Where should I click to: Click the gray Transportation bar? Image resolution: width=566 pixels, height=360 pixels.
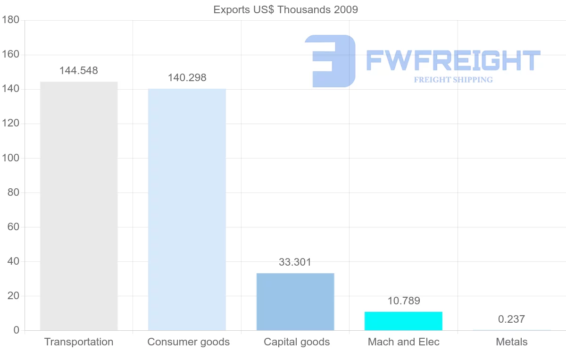[x=79, y=206]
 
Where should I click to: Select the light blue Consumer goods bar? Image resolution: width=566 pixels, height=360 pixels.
[x=187, y=209]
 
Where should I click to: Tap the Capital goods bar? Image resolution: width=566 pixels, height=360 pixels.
[x=295, y=301]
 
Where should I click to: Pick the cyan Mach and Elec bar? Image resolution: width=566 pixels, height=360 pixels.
[x=404, y=321]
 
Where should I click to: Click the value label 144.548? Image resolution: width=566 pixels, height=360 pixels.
[x=79, y=70]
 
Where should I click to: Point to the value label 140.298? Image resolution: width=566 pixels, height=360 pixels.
[x=187, y=77]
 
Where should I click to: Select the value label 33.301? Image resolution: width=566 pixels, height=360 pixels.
[x=295, y=262]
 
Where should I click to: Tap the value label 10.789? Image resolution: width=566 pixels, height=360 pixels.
[x=404, y=301]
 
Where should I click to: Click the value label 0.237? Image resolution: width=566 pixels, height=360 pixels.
[x=511, y=319]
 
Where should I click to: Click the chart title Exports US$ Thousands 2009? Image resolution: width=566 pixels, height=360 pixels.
[x=285, y=9]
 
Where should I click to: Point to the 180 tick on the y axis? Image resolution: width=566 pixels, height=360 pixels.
[x=10, y=20]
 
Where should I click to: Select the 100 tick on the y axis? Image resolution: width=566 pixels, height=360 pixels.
[x=10, y=158]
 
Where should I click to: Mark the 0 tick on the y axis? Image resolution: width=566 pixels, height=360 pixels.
[x=17, y=330]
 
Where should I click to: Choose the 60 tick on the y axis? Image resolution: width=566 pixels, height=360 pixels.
[x=13, y=227]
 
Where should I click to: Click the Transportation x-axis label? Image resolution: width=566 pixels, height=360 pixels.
[x=79, y=342]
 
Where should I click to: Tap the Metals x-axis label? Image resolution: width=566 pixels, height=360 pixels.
[x=512, y=342]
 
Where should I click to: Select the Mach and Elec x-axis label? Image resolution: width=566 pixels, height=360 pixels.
[x=404, y=342]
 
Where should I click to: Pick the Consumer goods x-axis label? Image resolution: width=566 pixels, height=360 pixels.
[x=189, y=342]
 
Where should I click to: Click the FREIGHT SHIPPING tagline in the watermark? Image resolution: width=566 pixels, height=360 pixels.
[x=453, y=80]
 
